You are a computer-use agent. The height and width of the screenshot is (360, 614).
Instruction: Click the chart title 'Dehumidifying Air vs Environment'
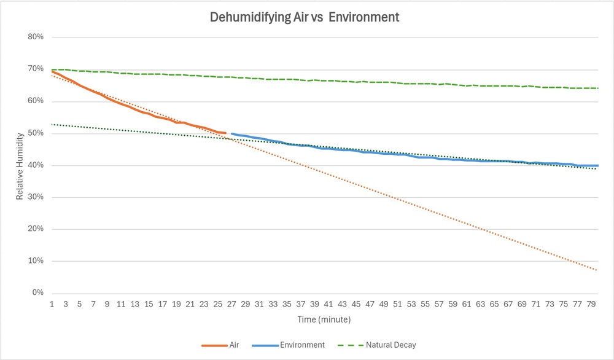point(305,17)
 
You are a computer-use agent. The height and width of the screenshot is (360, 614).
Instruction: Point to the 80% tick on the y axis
point(36,37)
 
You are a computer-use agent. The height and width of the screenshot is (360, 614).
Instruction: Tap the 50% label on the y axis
point(36,133)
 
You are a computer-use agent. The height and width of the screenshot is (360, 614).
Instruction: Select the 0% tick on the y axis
point(38,293)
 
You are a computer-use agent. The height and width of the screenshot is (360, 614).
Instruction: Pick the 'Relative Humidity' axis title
point(20,165)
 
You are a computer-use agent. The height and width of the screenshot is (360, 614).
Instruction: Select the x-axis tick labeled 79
point(591,304)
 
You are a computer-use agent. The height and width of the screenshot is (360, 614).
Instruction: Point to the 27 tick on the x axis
point(231,304)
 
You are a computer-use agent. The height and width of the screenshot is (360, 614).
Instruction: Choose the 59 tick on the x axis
point(453,304)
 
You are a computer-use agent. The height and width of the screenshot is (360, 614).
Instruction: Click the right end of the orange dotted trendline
point(597,270)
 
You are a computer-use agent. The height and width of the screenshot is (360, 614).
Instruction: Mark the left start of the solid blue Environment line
point(231,133)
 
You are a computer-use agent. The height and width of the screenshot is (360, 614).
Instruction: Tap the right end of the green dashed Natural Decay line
point(597,88)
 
